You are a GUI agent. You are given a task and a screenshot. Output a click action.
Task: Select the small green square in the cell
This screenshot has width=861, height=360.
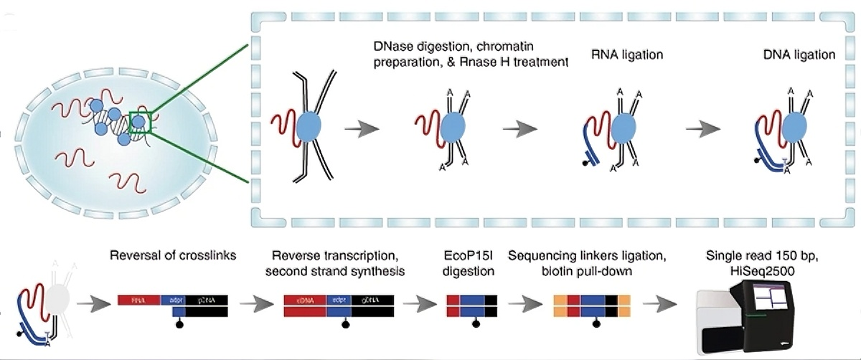(x=138, y=123)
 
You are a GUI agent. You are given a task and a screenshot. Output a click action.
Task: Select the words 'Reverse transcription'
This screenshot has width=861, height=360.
(x=319, y=256)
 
